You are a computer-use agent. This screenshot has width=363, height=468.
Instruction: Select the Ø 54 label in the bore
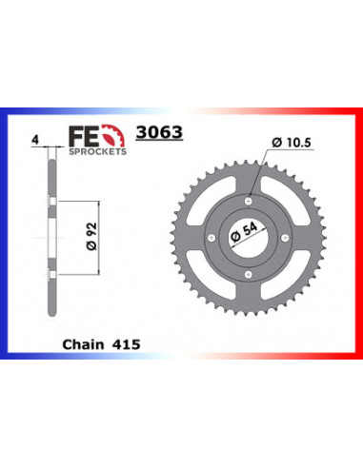(245, 234)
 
